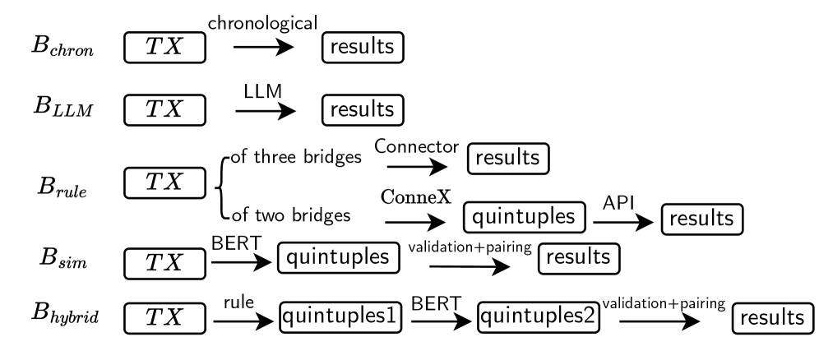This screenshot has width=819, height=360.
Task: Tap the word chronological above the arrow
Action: [x=262, y=24]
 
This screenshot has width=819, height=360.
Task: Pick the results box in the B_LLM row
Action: [x=363, y=108]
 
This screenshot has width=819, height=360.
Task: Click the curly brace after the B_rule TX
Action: [x=216, y=188]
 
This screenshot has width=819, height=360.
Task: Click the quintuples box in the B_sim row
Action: [x=334, y=256]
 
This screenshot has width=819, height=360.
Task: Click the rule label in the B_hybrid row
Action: [x=238, y=302]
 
